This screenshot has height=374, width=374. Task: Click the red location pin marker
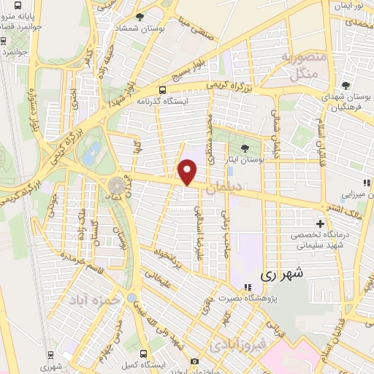pos(188,172)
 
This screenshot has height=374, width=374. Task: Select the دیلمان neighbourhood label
pos(221,188)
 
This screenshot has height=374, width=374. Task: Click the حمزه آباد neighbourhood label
pos(94,300)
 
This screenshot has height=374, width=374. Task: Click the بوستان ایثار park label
pos(245,159)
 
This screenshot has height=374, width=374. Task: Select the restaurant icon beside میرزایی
pos(364,183)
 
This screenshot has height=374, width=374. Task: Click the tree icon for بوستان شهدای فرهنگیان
pos(346,86)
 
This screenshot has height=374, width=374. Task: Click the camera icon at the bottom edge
pos(194,361)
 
